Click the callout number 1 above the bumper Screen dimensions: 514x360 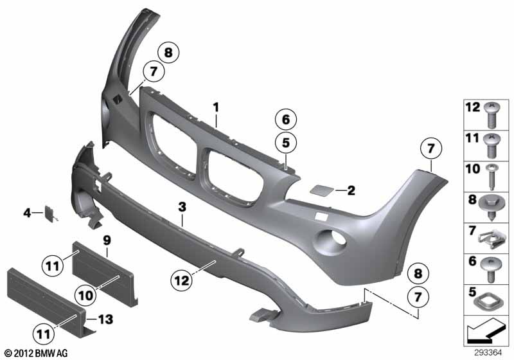point(216,107)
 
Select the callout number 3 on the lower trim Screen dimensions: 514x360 point(182,207)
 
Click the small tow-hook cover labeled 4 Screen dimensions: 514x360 point(51,214)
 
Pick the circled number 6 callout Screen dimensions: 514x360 point(286,120)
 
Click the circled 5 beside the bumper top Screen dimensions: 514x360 point(286,143)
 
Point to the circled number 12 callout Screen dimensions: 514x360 point(182,281)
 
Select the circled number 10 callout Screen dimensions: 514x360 point(85,296)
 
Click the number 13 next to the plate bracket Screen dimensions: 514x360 point(105,319)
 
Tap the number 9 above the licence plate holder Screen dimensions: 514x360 point(107,240)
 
